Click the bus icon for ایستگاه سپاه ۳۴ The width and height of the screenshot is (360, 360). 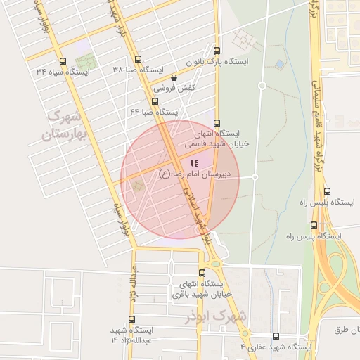64,61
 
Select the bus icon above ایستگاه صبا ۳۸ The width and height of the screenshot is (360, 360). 139,60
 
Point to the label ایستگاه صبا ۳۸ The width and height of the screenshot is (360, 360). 138,71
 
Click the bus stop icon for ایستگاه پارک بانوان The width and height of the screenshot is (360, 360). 217,51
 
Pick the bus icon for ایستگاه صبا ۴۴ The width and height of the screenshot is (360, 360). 155,101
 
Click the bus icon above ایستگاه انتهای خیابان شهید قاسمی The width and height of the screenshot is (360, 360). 217,122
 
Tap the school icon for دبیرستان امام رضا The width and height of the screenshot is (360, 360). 194,163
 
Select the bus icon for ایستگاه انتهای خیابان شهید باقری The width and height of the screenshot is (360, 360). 202,273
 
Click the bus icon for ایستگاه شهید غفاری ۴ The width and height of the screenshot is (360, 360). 275,336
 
